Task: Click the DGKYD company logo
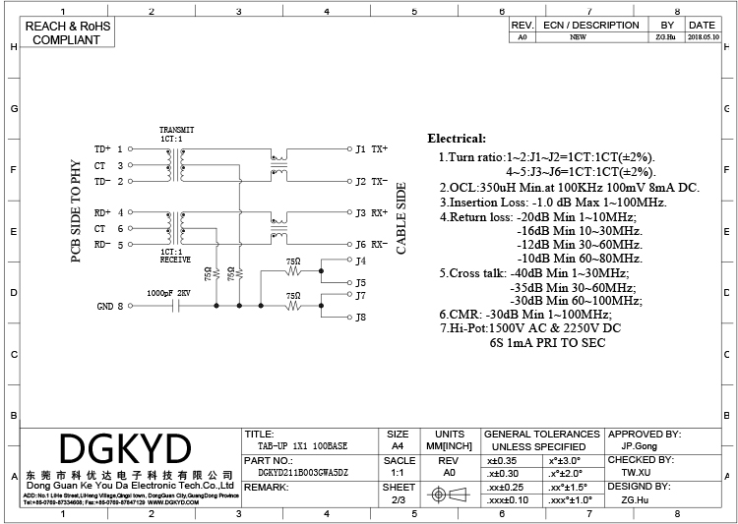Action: [x=124, y=450]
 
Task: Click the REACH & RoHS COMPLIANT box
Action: [x=66, y=32]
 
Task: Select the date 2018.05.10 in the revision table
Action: [x=702, y=36]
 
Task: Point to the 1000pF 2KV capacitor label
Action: [x=168, y=293]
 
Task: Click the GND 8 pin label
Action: [x=110, y=306]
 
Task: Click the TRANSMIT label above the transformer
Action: [x=177, y=130]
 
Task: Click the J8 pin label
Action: [x=360, y=317]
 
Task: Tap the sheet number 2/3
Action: [x=399, y=500]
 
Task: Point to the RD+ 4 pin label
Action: [x=108, y=212]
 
